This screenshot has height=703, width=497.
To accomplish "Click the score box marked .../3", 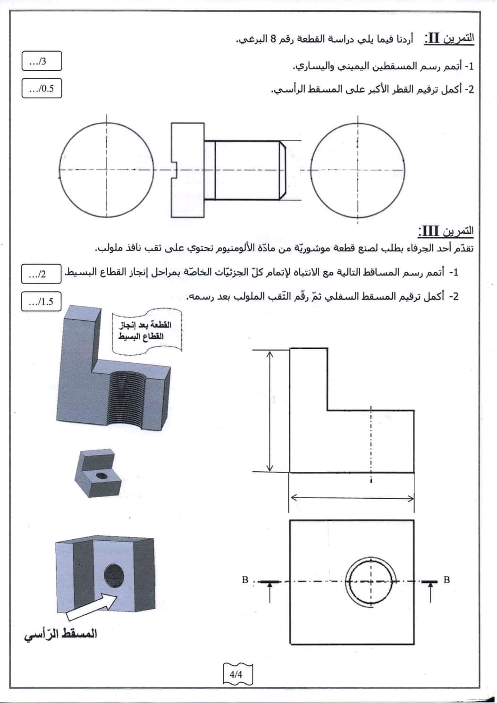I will pos(42,61).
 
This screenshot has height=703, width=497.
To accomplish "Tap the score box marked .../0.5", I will pos(42,88).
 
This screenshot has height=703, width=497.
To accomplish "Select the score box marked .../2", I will pos(41,274).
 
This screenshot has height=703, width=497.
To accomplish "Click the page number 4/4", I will pos(237,674).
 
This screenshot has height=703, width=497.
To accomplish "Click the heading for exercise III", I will pos(446,231).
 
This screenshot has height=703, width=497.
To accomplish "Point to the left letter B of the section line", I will pos(245,580).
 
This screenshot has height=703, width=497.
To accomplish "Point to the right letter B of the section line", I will pos(446,580).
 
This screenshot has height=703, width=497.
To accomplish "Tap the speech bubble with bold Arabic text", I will pos(147,330).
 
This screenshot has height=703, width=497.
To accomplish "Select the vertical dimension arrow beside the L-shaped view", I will pos(270,411).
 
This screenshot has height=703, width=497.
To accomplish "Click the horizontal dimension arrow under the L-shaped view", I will pos(352,497).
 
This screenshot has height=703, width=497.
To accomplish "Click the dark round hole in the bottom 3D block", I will pos(113,575).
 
